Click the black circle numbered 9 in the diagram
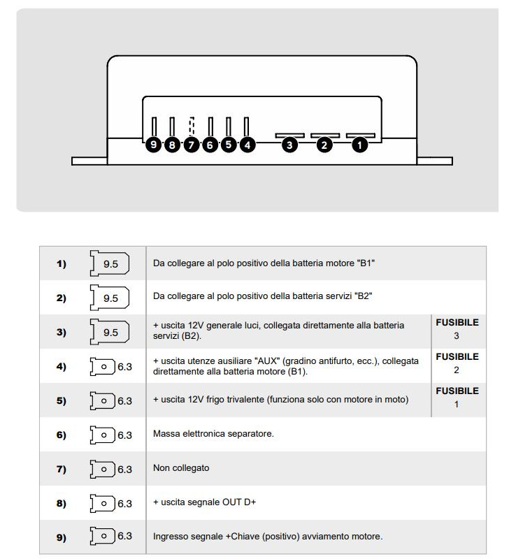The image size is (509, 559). (155, 145)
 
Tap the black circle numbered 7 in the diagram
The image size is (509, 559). (192, 145)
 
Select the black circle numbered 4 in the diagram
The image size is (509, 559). (248, 145)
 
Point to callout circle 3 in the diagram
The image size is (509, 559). (289, 145)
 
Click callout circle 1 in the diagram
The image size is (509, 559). (359, 145)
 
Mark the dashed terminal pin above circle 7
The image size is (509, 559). (192, 126)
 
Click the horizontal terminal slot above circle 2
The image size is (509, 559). (325, 135)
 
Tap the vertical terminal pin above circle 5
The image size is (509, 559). (229, 126)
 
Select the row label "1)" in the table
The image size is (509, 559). (62, 263)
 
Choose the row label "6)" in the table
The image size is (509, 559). (62, 435)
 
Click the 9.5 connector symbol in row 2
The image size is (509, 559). (109, 298)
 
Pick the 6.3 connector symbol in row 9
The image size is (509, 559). (111, 537)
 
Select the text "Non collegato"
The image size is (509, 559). (181, 468)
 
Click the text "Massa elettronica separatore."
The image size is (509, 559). (213, 434)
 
